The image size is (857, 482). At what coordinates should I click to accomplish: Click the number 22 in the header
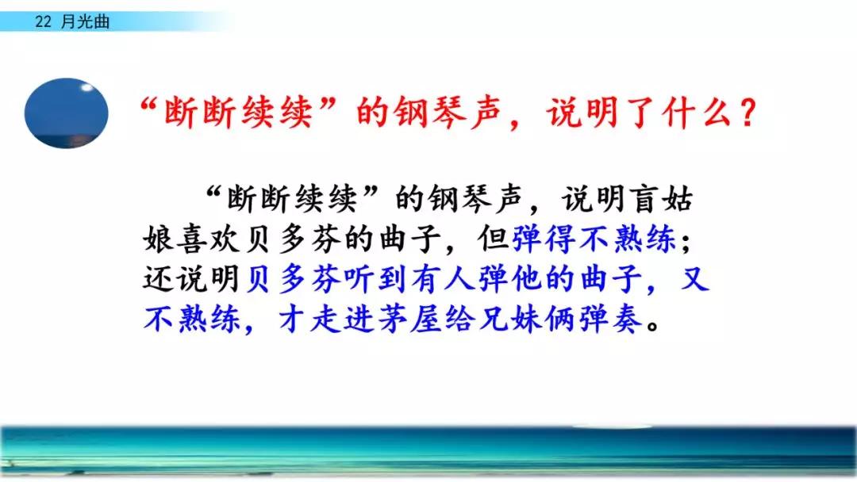coord(43,22)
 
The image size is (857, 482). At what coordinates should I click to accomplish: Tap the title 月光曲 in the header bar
coord(85,22)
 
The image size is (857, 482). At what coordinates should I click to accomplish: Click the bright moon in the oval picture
coord(86,87)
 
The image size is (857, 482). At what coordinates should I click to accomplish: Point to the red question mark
coord(747,113)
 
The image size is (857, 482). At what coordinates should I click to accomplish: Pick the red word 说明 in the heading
coord(582,113)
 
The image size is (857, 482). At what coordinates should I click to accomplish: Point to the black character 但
coord(494,239)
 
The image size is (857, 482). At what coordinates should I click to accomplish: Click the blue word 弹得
coord(544,239)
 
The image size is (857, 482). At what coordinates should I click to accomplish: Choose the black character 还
coord(159,279)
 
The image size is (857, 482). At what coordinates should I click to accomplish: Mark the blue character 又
coord(695,279)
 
